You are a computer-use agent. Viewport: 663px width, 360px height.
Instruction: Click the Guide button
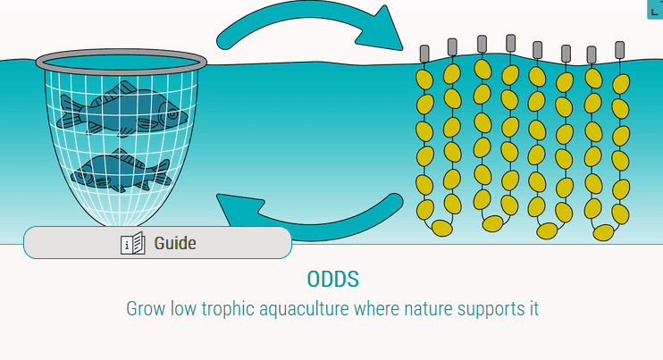[x=157, y=243]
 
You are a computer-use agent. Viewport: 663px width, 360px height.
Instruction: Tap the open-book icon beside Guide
[x=133, y=243]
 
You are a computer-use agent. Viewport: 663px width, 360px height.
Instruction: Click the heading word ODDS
[x=332, y=280]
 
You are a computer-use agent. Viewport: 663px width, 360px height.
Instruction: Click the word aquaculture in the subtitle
[x=305, y=309]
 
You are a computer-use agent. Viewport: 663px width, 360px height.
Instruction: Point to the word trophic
[x=228, y=309]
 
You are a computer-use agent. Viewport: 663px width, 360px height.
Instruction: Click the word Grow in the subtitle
[x=146, y=309]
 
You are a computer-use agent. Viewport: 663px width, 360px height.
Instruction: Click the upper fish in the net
[x=122, y=110]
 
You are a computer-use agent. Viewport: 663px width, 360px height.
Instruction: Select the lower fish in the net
[x=121, y=171]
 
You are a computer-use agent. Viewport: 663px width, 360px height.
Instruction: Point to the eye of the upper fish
[x=172, y=114]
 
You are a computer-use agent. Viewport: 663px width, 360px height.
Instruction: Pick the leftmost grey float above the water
[x=424, y=54]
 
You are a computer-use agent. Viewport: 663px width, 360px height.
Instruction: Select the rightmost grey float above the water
[x=619, y=50]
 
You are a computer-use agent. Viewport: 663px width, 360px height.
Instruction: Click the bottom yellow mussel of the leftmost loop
[x=442, y=228]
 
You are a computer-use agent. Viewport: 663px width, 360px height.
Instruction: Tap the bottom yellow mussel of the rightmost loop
[x=603, y=233]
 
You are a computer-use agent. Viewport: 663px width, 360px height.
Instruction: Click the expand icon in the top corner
[x=655, y=9]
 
